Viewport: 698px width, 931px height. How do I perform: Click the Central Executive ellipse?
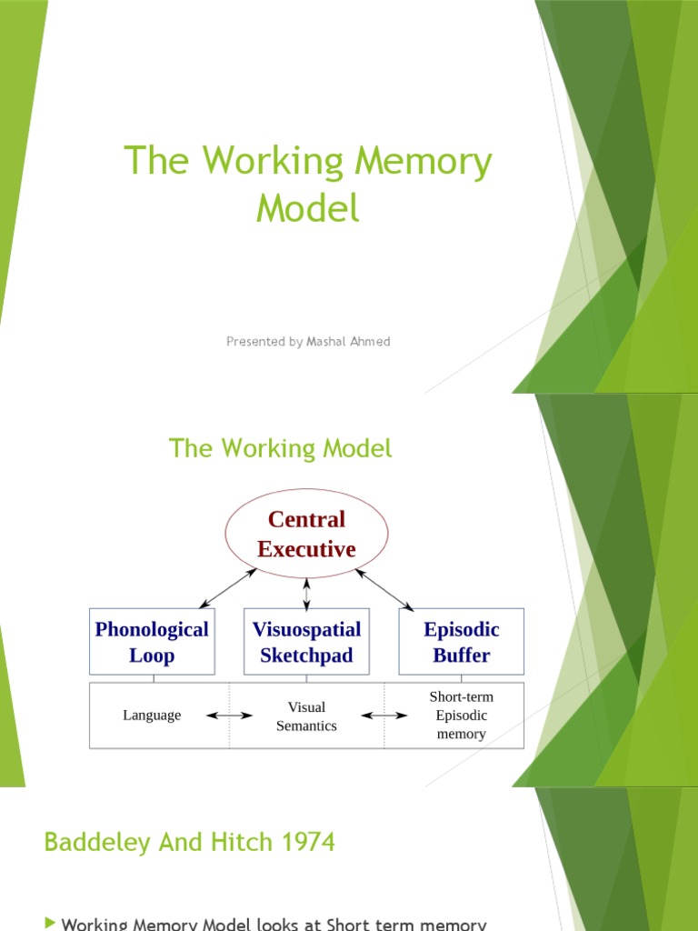pyautogui.click(x=306, y=534)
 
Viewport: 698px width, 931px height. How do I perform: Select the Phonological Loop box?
pyautogui.click(x=152, y=642)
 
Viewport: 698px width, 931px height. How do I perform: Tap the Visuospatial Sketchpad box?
pyautogui.click(x=306, y=642)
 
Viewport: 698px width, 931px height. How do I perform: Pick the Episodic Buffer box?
pyautogui.click(x=461, y=642)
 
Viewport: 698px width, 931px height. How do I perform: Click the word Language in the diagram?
pyautogui.click(x=152, y=716)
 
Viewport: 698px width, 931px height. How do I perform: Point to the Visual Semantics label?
pyautogui.click(x=306, y=716)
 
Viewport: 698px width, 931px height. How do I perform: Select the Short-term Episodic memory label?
pyautogui.click(x=461, y=716)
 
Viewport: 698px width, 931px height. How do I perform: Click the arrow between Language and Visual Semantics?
pyautogui.click(x=230, y=716)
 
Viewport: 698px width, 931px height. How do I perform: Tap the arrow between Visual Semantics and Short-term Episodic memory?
pyautogui.click(x=384, y=716)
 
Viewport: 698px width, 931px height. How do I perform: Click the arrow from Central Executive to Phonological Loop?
pyautogui.click(x=228, y=589)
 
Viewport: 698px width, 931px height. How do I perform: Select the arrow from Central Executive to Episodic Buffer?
pyautogui.click(x=384, y=589)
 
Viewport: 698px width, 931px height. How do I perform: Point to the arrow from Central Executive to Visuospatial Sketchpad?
pyautogui.click(x=306, y=594)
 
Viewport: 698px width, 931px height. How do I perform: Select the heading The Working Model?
pyautogui.click(x=281, y=448)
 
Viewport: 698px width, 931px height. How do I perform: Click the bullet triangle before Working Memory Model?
pyautogui.click(x=49, y=923)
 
